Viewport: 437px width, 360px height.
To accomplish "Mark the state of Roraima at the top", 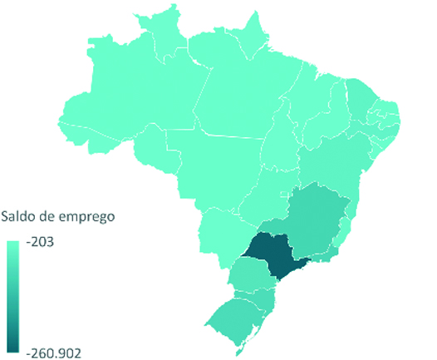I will [158, 37].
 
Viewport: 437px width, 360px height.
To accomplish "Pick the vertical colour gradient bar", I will [13, 295].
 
